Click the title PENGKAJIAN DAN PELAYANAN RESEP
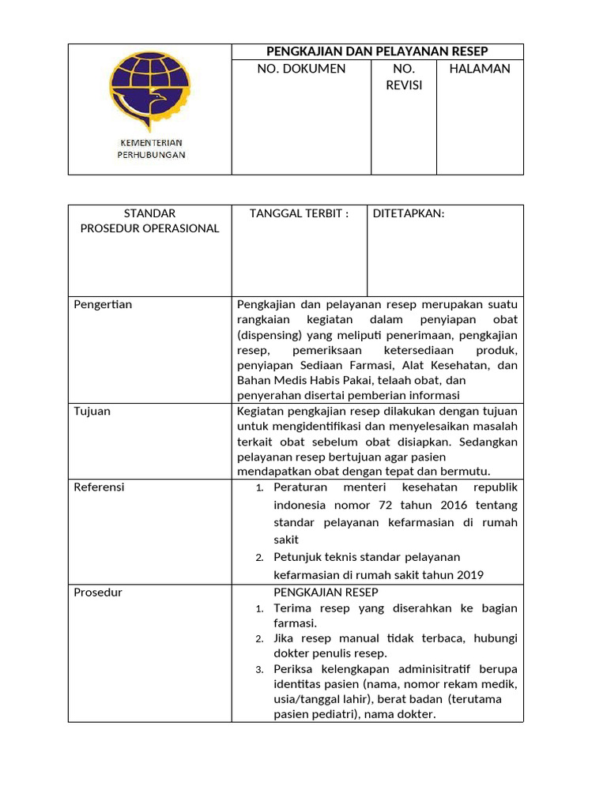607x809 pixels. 377,51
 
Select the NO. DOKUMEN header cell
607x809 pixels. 301,69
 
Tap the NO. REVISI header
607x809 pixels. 404,77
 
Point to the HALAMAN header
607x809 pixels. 480,69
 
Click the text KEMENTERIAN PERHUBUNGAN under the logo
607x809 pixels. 150,149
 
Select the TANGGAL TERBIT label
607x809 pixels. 299,213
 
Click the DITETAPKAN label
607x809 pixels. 409,213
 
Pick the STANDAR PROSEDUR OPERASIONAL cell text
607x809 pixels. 150,220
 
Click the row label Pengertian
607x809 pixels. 103,304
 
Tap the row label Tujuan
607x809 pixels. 92,411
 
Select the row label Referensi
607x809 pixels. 99,487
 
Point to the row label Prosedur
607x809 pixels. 98,592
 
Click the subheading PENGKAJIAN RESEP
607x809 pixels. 326,592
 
